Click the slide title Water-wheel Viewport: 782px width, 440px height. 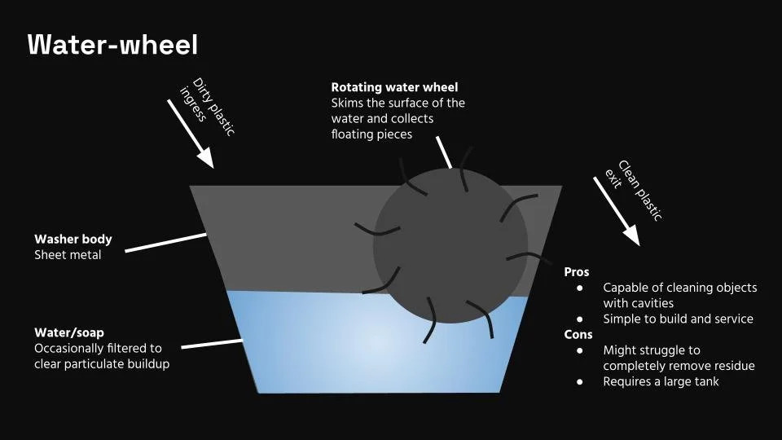tap(112, 45)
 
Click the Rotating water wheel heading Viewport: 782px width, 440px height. tap(394, 87)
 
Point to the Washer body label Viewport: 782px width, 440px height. tap(73, 240)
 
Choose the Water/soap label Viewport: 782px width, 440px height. tap(69, 332)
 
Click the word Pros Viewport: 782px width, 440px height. tap(576, 272)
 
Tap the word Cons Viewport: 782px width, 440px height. tap(578, 334)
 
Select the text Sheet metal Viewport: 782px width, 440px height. tap(68, 255)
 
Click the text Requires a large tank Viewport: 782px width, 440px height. tap(661, 381)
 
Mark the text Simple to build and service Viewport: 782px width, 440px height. tap(678, 319)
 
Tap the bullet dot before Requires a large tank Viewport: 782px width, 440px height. tap(580, 381)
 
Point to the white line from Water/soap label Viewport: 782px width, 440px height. tap(211, 344)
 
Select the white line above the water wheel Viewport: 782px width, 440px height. tap(444, 152)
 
